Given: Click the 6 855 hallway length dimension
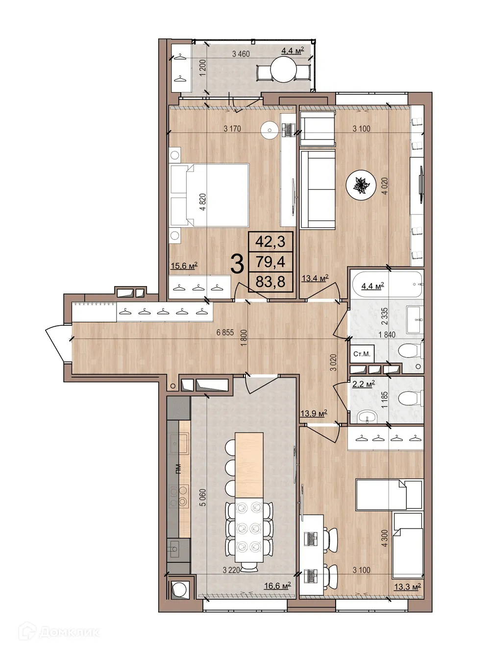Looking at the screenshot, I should coord(225,333).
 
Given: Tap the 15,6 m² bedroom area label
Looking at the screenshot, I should coord(184,266).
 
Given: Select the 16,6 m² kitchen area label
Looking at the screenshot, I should coord(277,586).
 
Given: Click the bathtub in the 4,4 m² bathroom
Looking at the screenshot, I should coord(387,285).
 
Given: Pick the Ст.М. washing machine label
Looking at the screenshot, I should coord(362,354).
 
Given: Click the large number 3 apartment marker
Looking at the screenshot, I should coord(237,265).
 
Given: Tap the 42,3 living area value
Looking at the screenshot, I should coord(270,242).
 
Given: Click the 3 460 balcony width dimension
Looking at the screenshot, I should coord(241,54).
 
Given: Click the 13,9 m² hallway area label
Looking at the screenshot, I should coord(314,414).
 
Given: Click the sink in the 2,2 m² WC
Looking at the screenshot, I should coord(366,416).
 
